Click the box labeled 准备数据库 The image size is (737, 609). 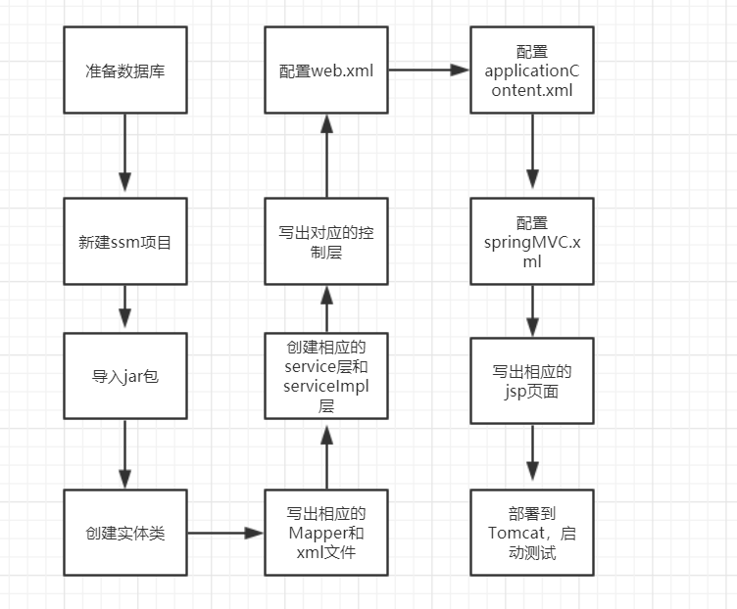[x=124, y=70]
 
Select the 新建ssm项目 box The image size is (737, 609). [x=124, y=242]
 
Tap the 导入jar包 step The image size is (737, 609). [x=124, y=375]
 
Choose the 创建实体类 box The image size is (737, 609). [x=124, y=534]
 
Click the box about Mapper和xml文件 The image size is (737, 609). [x=326, y=534]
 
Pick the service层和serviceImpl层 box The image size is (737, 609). [x=326, y=375]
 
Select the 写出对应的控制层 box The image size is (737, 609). [x=326, y=242]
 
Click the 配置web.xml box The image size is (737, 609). [x=326, y=70]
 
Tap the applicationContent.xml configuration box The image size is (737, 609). [x=531, y=70]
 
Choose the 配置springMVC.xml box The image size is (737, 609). [x=531, y=242]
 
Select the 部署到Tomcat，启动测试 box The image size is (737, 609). [x=531, y=534]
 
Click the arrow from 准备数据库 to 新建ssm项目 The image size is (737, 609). [x=124, y=152]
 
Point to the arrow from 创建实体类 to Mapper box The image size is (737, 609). [x=225, y=534]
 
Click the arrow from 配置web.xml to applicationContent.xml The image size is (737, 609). [x=429, y=70]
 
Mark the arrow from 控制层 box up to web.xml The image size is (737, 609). [x=326, y=157]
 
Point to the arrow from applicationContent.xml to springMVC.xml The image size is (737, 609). [x=531, y=152]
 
